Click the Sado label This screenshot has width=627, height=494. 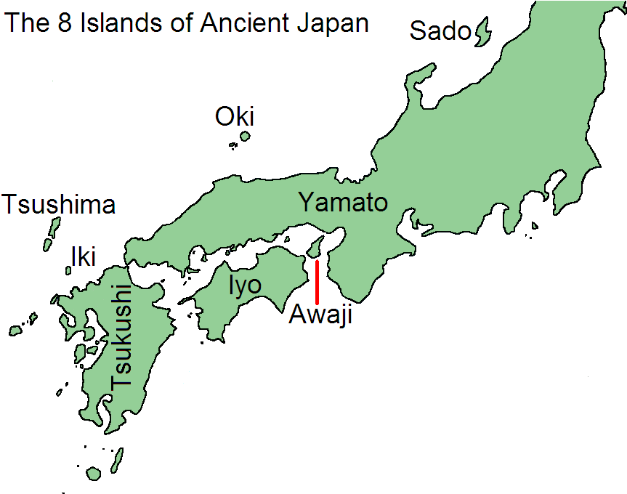[x=441, y=31]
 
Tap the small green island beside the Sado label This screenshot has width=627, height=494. [x=482, y=33]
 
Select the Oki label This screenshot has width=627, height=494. [x=235, y=116]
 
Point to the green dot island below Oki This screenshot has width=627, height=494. [x=245, y=136]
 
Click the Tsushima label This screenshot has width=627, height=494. [x=60, y=205]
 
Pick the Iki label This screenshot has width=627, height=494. [x=83, y=256]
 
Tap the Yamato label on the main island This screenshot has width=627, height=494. [x=344, y=202]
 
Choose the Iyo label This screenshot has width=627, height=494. [x=245, y=286]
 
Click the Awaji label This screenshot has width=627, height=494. [x=320, y=315]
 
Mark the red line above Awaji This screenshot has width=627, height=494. [x=317, y=281]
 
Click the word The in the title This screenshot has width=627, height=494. [x=28, y=23]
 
